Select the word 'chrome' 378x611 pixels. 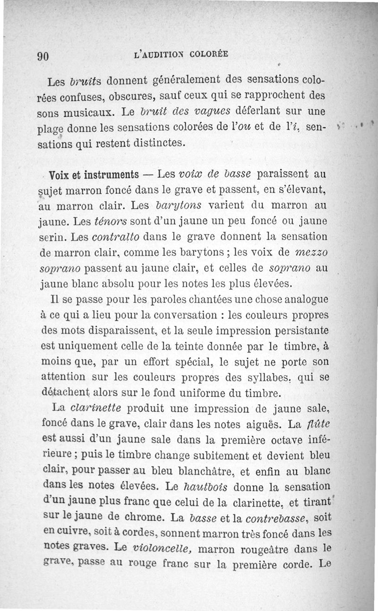pos(151,518)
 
